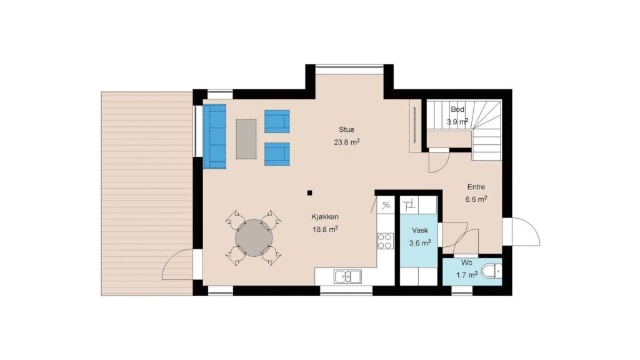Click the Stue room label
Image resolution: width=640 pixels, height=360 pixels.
point(346,129)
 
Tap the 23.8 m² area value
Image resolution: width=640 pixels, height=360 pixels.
point(346,142)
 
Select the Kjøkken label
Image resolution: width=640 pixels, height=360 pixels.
point(325,217)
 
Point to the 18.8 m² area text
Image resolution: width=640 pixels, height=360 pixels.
point(325,229)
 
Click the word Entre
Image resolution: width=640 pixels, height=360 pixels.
point(476,186)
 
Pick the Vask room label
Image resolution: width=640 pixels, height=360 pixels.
point(420,230)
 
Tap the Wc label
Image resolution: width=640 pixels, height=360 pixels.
point(466,262)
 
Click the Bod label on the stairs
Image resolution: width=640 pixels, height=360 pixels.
point(457,109)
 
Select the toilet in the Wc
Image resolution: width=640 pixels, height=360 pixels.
point(492,271)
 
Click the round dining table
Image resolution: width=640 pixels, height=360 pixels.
point(254,238)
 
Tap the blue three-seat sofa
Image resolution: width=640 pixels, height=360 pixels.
point(215,136)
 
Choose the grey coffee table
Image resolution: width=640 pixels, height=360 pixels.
point(246,139)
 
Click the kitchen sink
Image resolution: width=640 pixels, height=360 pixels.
point(347,276)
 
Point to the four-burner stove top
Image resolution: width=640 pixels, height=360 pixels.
point(385,241)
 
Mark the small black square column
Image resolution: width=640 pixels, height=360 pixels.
point(310,193)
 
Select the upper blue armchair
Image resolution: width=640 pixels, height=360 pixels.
point(277,121)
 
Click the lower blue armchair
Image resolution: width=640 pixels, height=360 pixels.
point(277,154)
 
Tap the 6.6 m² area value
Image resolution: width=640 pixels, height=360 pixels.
point(476,199)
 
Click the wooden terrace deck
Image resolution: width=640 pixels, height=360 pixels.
point(147,194)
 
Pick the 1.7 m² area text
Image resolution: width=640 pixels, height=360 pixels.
point(466,275)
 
